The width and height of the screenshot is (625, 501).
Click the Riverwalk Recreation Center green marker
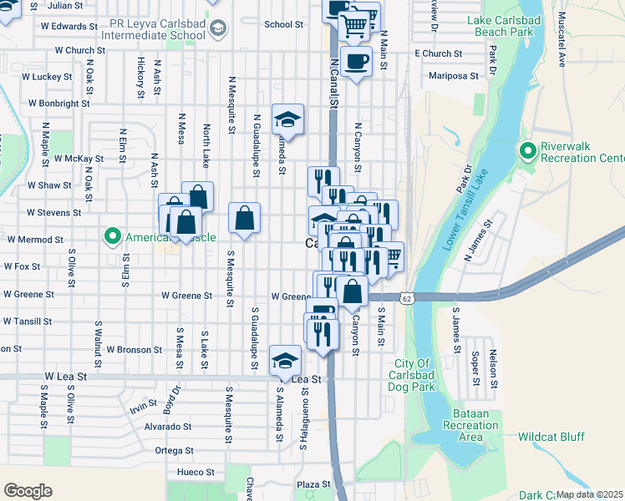[527, 152]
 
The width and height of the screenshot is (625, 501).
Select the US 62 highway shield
[406, 297]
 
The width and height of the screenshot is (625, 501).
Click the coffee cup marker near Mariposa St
[356, 61]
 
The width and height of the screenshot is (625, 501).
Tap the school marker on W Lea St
[286, 359]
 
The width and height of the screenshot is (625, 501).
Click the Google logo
[28, 491]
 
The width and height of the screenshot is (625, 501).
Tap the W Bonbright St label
[58, 104]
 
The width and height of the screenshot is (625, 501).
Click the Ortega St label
[175, 450]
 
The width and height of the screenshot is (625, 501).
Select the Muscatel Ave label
[562, 50]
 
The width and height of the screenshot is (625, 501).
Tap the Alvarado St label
[169, 426]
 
